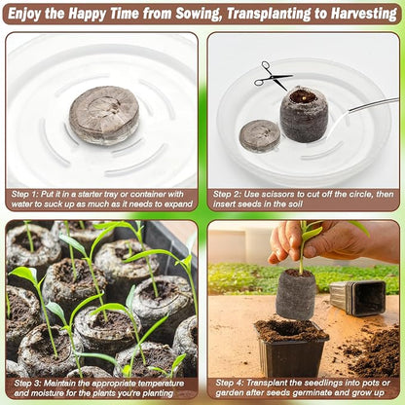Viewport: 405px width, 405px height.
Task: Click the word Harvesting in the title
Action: pyautogui.click(x=364, y=14)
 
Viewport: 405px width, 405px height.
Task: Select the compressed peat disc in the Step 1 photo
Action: pyautogui.click(x=104, y=115)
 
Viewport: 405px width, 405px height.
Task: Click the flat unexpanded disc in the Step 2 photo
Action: pyautogui.click(x=260, y=134)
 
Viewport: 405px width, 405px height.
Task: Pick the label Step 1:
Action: pyautogui.click(x=25, y=195)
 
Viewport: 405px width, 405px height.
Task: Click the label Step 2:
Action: pyautogui.click(x=227, y=195)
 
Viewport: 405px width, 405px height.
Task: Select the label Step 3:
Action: pyautogui.click(x=27, y=384)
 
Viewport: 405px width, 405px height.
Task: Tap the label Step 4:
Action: pyautogui.click(x=230, y=384)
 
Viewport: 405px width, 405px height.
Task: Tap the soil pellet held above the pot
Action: pyautogui.click(x=296, y=294)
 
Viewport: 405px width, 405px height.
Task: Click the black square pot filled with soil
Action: pyautogui.click(x=291, y=348)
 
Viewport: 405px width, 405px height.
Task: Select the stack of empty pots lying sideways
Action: pyautogui.click(x=357, y=298)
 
